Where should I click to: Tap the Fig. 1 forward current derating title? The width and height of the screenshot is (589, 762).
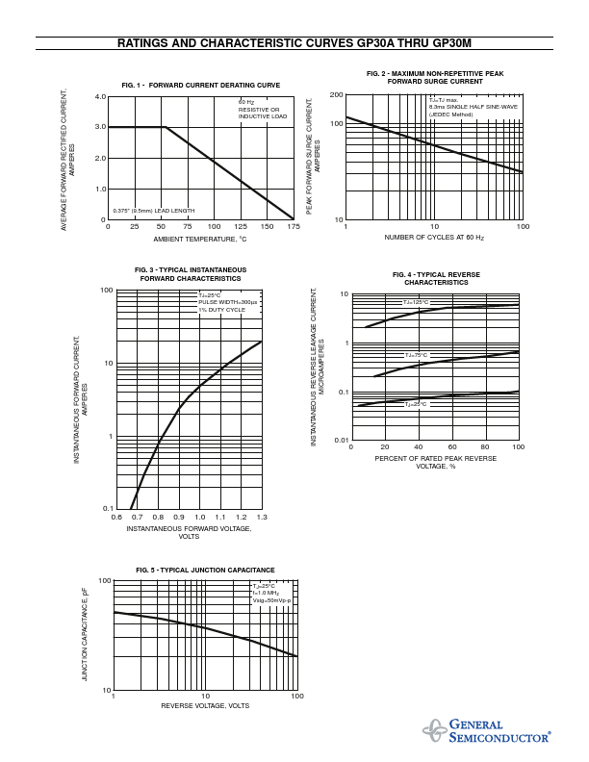coord(201,86)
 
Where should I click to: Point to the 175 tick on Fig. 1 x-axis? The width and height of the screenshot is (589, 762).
coord(293,227)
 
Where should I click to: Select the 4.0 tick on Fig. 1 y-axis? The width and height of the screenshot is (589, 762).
coord(100,97)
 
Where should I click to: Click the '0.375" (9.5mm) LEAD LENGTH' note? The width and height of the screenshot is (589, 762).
coord(153,210)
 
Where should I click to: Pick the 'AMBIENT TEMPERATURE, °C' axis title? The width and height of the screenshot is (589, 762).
coord(200,239)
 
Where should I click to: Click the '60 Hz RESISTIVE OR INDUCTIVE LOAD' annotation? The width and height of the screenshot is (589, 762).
coord(262,109)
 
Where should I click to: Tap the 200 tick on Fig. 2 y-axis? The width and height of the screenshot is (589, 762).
coord(336,95)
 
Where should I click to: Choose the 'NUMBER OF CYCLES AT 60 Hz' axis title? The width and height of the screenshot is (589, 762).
coord(434,237)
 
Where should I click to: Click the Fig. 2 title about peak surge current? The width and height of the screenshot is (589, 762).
coord(435,78)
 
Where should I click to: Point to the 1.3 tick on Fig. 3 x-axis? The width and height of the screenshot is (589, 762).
coord(261,518)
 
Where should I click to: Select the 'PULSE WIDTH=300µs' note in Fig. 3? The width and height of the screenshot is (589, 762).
coord(228,302)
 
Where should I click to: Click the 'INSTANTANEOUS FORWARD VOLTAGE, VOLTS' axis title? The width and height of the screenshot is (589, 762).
coord(189,532)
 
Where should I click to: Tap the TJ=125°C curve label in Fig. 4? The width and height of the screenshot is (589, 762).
coord(416,302)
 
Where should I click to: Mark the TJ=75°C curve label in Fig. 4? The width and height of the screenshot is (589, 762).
coord(416,355)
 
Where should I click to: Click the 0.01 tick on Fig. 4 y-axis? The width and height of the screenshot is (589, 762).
coord(340,440)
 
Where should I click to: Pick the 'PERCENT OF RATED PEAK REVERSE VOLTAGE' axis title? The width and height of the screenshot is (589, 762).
coord(436,463)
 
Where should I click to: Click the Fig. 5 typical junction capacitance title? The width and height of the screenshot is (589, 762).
coord(205,571)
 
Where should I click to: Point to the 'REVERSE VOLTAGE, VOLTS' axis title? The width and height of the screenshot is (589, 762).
coord(205,706)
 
